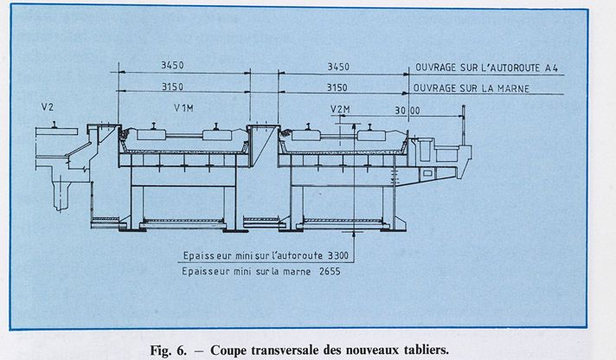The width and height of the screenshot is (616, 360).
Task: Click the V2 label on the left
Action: [x=48, y=107]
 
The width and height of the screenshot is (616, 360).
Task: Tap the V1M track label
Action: [x=183, y=107]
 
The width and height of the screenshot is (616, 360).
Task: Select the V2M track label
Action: [x=339, y=110]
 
